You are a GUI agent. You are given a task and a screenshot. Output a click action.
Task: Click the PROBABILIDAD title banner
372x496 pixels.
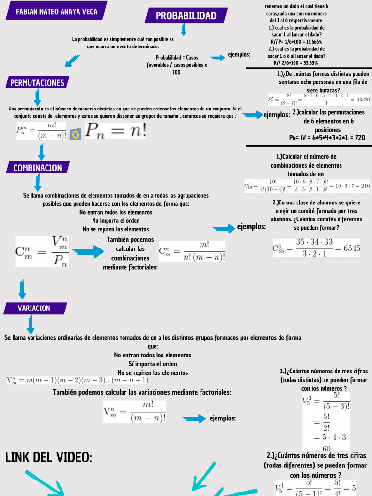(186, 16)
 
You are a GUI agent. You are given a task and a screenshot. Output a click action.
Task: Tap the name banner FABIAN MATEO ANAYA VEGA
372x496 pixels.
(56, 11)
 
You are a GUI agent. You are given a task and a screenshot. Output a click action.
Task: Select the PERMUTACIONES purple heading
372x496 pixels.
(38, 83)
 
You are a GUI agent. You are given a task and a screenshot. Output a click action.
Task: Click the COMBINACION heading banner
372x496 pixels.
(38, 168)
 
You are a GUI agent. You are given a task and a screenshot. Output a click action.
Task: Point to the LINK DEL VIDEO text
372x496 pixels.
(48, 457)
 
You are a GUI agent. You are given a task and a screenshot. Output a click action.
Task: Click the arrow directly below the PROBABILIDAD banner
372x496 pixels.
(184, 31)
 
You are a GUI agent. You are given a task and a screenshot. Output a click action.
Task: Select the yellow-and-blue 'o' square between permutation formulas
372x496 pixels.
(75, 134)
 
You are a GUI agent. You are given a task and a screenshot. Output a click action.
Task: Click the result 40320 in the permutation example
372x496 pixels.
(363, 99)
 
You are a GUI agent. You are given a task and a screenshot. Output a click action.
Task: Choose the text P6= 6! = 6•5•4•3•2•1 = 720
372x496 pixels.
(327, 138)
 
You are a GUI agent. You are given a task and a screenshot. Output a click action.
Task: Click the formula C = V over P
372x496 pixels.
(43, 251)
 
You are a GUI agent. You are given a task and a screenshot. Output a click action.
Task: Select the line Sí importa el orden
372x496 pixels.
(153, 364)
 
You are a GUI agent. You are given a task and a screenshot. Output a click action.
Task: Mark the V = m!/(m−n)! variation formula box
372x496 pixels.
(135, 411)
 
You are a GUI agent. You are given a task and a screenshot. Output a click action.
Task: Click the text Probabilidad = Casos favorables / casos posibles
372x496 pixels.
(177, 64)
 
